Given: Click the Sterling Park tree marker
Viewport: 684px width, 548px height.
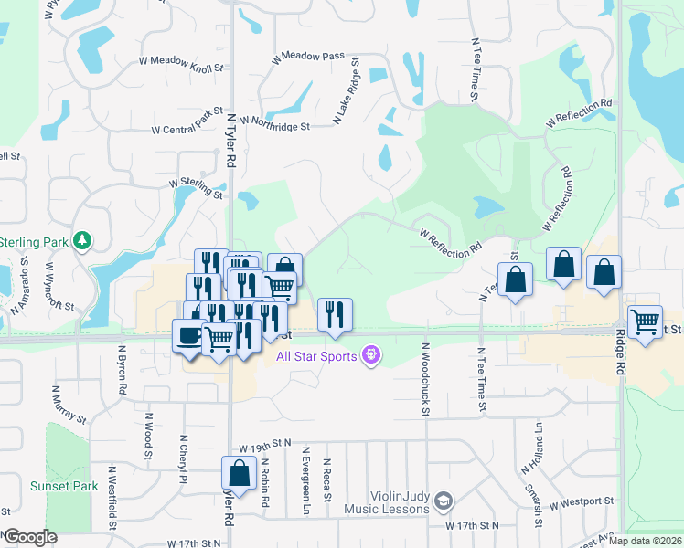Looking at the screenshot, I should (83, 240).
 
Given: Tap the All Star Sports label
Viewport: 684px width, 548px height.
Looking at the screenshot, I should (316, 355).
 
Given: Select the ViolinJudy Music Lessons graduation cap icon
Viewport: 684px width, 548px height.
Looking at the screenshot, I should (444, 501).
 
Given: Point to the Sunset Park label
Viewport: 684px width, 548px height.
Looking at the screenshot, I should (63, 487).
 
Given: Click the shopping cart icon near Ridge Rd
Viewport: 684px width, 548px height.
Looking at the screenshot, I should (646, 321).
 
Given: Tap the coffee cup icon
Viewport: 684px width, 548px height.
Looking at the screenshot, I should (189, 335).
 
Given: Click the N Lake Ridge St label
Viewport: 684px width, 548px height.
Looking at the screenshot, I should (347, 94).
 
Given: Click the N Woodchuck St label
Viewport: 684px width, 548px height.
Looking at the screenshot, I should (425, 379).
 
